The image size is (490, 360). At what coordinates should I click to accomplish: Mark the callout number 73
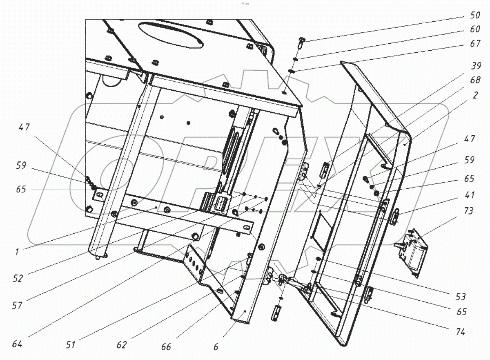469,211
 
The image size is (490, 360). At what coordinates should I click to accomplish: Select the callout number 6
216,348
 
